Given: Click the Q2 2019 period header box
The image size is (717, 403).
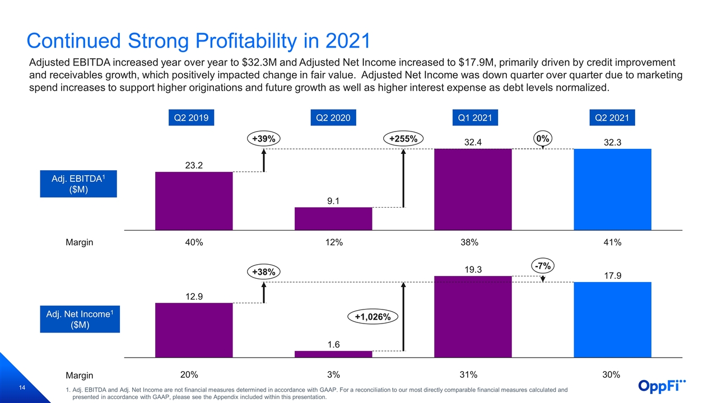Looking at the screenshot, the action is [x=191, y=118].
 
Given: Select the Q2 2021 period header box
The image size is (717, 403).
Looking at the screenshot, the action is [x=612, y=118].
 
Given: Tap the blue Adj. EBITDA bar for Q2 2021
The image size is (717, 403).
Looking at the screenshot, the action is [x=612, y=189].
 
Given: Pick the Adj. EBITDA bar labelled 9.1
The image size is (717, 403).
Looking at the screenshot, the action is [x=333, y=219].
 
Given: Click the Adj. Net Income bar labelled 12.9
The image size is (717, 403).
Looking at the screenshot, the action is [x=194, y=330].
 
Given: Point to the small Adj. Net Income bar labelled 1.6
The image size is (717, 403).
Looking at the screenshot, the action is [x=333, y=354].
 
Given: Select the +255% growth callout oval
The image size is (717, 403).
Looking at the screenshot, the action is [x=403, y=139].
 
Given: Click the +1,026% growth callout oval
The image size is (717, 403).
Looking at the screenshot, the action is [x=373, y=317].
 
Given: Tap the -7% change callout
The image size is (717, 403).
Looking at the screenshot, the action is [x=543, y=266].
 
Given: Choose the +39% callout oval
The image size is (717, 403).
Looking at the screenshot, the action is [x=264, y=139].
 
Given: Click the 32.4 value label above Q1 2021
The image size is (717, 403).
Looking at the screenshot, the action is [x=473, y=142].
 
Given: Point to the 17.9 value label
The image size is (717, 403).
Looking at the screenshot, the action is [x=612, y=276].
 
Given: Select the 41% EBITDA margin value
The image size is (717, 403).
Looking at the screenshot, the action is [x=612, y=242].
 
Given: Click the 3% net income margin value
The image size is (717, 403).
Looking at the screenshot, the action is [x=333, y=374].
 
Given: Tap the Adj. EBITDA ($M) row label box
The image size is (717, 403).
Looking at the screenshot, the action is [x=78, y=184].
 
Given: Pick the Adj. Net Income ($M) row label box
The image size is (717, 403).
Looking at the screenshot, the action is [x=80, y=319].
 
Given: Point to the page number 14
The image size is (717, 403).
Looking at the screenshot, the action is [x=22, y=388].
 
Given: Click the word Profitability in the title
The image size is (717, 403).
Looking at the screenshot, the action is [x=246, y=41].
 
